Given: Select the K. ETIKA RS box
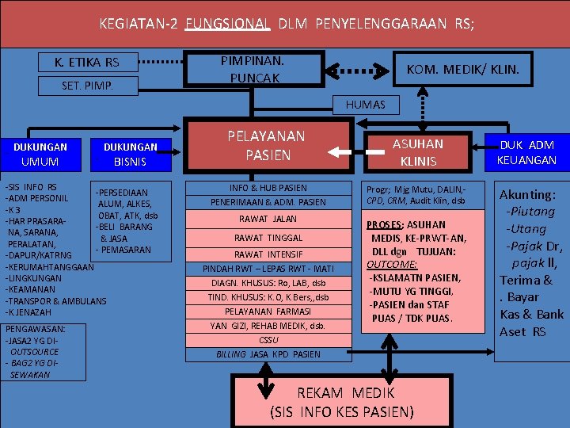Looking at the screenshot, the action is click(x=87, y=63).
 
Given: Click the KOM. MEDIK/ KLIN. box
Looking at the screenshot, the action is click(x=463, y=70).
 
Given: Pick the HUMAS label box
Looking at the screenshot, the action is click(x=366, y=105).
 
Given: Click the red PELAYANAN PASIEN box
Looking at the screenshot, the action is click(x=268, y=146).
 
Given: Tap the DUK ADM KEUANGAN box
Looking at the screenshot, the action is click(x=526, y=152).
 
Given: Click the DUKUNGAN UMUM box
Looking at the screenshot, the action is click(x=40, y=154).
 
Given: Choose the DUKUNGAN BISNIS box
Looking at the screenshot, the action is click(x=130, y=154).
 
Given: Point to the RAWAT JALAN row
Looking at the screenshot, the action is click(x=268, y=219).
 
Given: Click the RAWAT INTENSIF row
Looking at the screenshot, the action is click(x=268, y=254).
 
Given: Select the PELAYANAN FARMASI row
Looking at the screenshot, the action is click(x=268, y=311).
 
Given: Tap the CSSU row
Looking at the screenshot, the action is click(x=268, y=340).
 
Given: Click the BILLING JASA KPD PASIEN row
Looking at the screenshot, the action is click(x=268, y=354).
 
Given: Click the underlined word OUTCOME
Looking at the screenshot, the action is click(x=393, y=264).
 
